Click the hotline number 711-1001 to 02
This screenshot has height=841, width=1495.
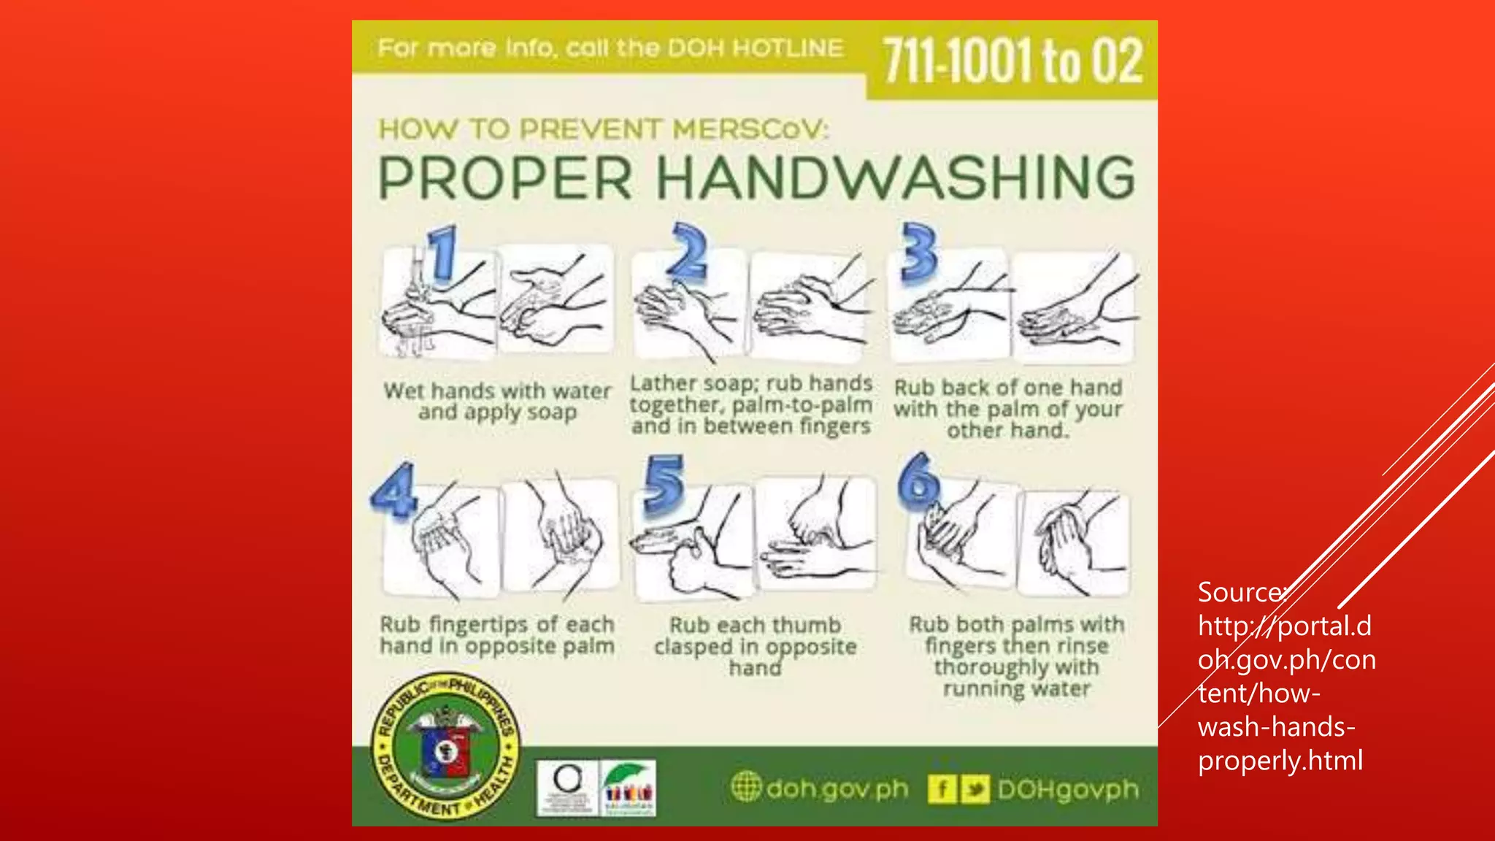point(1012,61)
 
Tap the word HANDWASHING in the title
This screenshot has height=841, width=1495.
point(896,178)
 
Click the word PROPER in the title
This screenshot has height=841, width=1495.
point(505,178)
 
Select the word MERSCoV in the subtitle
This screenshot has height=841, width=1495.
point(750,130)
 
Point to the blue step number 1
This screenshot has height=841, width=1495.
point(442,253)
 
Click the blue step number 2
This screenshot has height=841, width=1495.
point(689,252)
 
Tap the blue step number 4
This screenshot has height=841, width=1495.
point(395,490)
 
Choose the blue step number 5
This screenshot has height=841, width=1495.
point(664,485)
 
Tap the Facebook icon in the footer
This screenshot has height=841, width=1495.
point(942,789)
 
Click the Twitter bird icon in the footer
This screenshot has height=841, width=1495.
point(975,789)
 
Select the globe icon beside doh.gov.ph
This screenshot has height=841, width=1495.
point(745,787)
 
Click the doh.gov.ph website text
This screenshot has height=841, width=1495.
point(837,789)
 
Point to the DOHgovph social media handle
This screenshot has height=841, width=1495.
point(1067,789)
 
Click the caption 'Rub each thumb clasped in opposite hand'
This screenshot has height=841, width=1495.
point(755,647)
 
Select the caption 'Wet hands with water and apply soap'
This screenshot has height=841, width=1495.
point(497,402)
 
